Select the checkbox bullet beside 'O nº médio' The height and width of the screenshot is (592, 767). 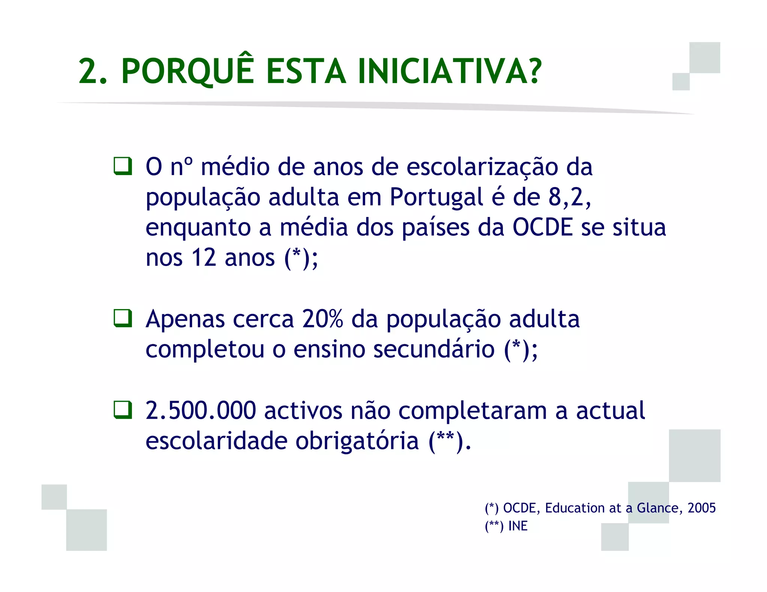click(123, 166)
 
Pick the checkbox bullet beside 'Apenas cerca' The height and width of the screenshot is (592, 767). click(123, 318)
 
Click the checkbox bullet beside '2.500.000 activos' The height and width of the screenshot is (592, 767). click(123, 410)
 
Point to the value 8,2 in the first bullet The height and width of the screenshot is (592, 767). click(569, 197)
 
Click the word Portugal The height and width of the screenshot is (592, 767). click(436, 198)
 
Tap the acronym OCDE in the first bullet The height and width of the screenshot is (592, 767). click(542, 227)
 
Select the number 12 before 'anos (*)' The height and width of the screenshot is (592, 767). click(204, 258)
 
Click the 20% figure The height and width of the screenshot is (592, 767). click(322, 319)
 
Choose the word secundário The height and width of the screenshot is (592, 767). click(434, 349)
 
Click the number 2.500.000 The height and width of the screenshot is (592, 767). click(201, 411)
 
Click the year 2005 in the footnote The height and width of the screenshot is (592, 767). click(701, 508)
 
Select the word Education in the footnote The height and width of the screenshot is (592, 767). click(574, 508)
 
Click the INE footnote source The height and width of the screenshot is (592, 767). click(518, 526)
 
